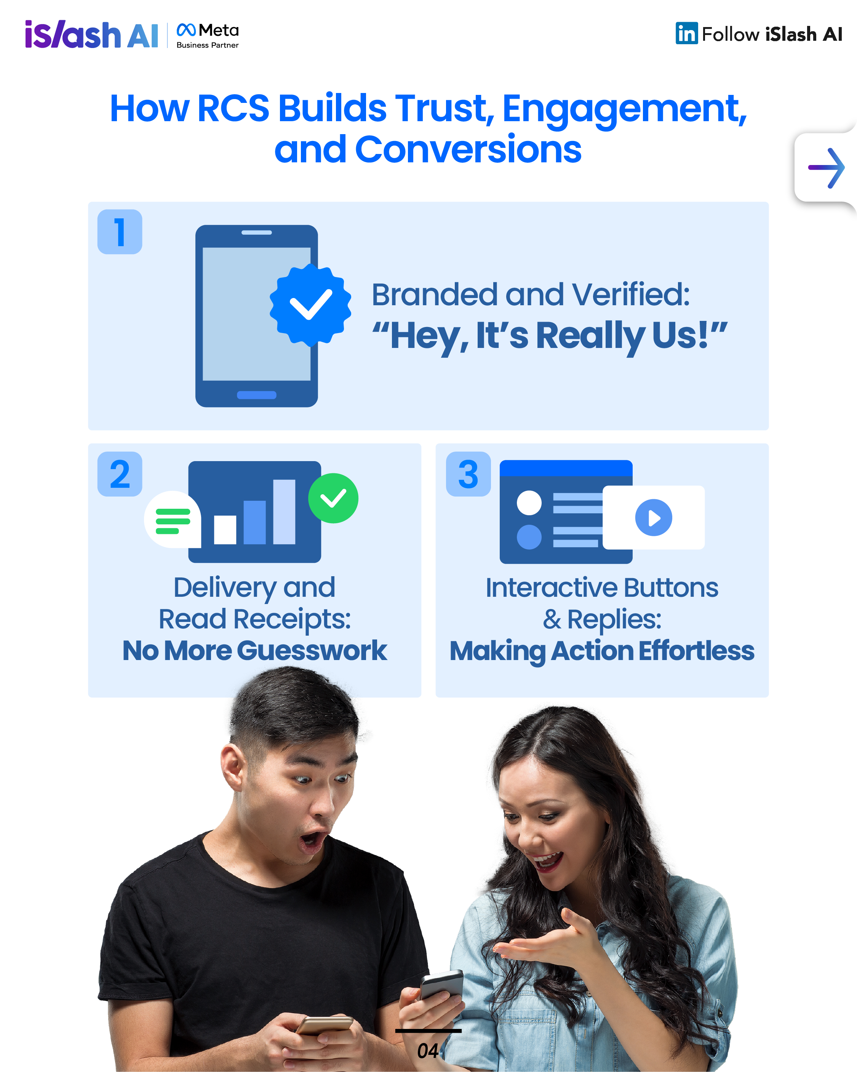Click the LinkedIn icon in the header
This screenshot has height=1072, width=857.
[x=686, y=33]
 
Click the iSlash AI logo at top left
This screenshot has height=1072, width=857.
[x=91, y=34]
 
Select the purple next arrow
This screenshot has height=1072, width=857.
[x=826, y=168]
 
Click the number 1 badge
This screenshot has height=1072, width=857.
[x=120, y=232]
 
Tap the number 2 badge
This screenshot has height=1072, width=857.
[x=120, y=474]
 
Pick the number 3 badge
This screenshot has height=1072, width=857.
[x=468, y=474]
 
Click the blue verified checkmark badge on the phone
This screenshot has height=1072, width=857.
[x=310, y=305]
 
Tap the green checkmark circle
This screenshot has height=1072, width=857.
[x=333, y=498]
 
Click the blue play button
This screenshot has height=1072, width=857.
[x=654, y=518]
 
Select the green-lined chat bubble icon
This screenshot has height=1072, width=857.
[x=173, y=519]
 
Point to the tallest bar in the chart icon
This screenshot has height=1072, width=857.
[x=285, y=512]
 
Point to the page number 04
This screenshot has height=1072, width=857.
[x=427, y=1051]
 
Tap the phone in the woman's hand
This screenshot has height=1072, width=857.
[x=441, y=984]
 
